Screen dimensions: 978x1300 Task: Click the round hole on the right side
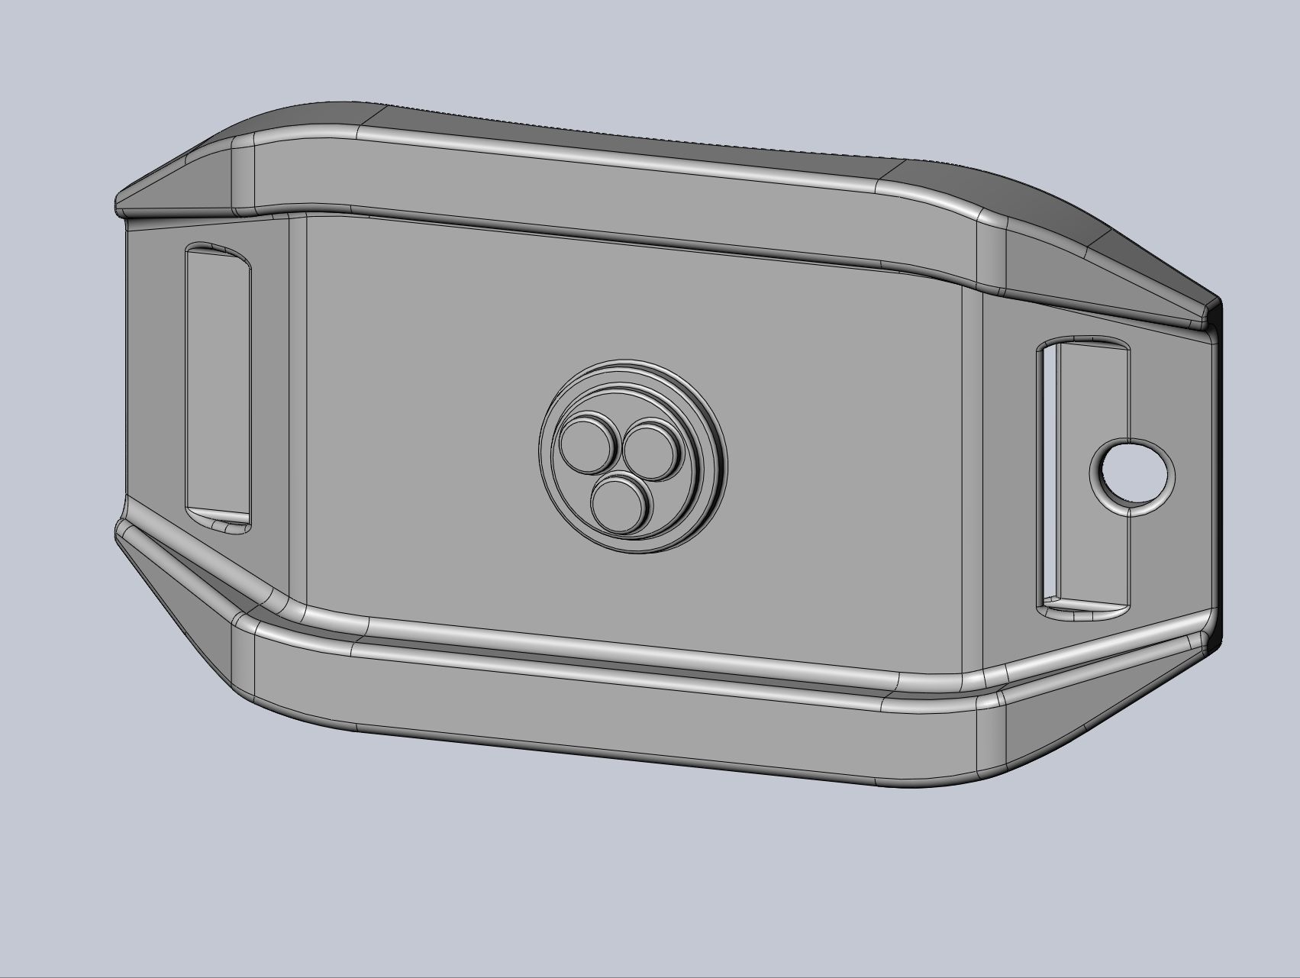(x=1131, y=475)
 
